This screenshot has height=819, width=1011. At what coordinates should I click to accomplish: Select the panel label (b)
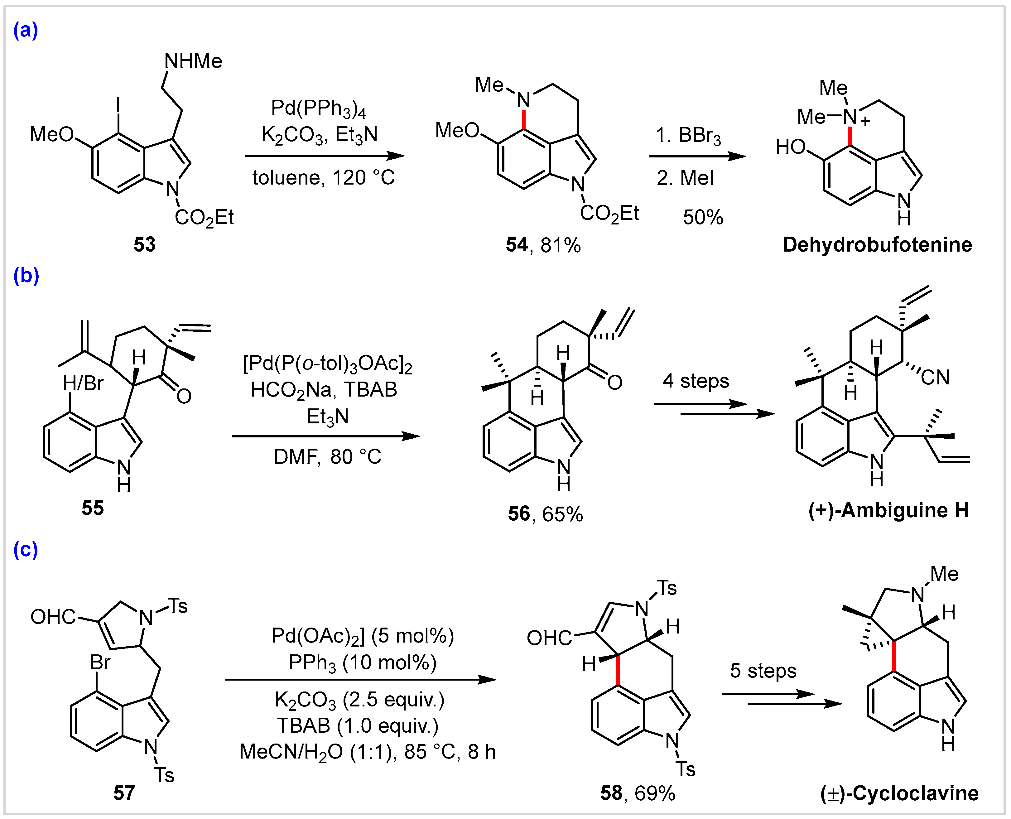click(x=26, y=276)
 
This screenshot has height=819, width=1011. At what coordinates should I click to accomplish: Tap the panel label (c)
click(x=26, y=550)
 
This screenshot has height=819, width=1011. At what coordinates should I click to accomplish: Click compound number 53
click(x=144, y=244)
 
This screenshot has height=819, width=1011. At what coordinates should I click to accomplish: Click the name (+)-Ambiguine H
click(x=888, y=510)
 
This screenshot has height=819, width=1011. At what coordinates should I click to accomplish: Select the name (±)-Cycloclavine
click(x=899, y=793)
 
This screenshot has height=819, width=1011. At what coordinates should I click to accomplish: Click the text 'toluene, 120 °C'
click(x=323, y=178)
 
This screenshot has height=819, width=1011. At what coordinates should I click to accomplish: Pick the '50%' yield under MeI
click(x=702, y=218)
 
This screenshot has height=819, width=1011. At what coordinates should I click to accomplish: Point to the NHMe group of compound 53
click(x=193, y=61)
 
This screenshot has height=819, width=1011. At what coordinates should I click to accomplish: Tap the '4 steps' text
click(x=696, y=381)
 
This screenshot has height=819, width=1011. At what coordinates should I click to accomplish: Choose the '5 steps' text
click(x=763, y=670)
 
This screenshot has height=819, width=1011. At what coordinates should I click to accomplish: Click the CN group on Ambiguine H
click(x=935, y=378)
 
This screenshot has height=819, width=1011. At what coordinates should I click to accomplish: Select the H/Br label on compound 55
click(x=83, y=383)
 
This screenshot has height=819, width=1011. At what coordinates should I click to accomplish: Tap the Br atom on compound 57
click(x=100, y=663)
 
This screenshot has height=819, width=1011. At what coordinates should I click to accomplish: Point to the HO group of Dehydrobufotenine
click(x=791, y=147)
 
